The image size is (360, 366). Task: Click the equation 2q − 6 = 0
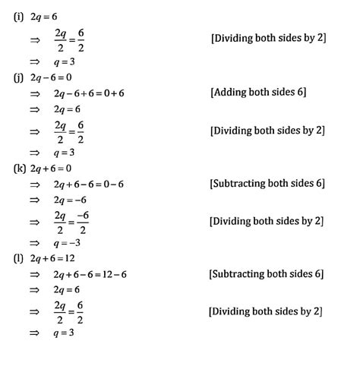(x=50, y=77)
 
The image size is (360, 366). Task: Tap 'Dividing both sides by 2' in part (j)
(x=267, y=130)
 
